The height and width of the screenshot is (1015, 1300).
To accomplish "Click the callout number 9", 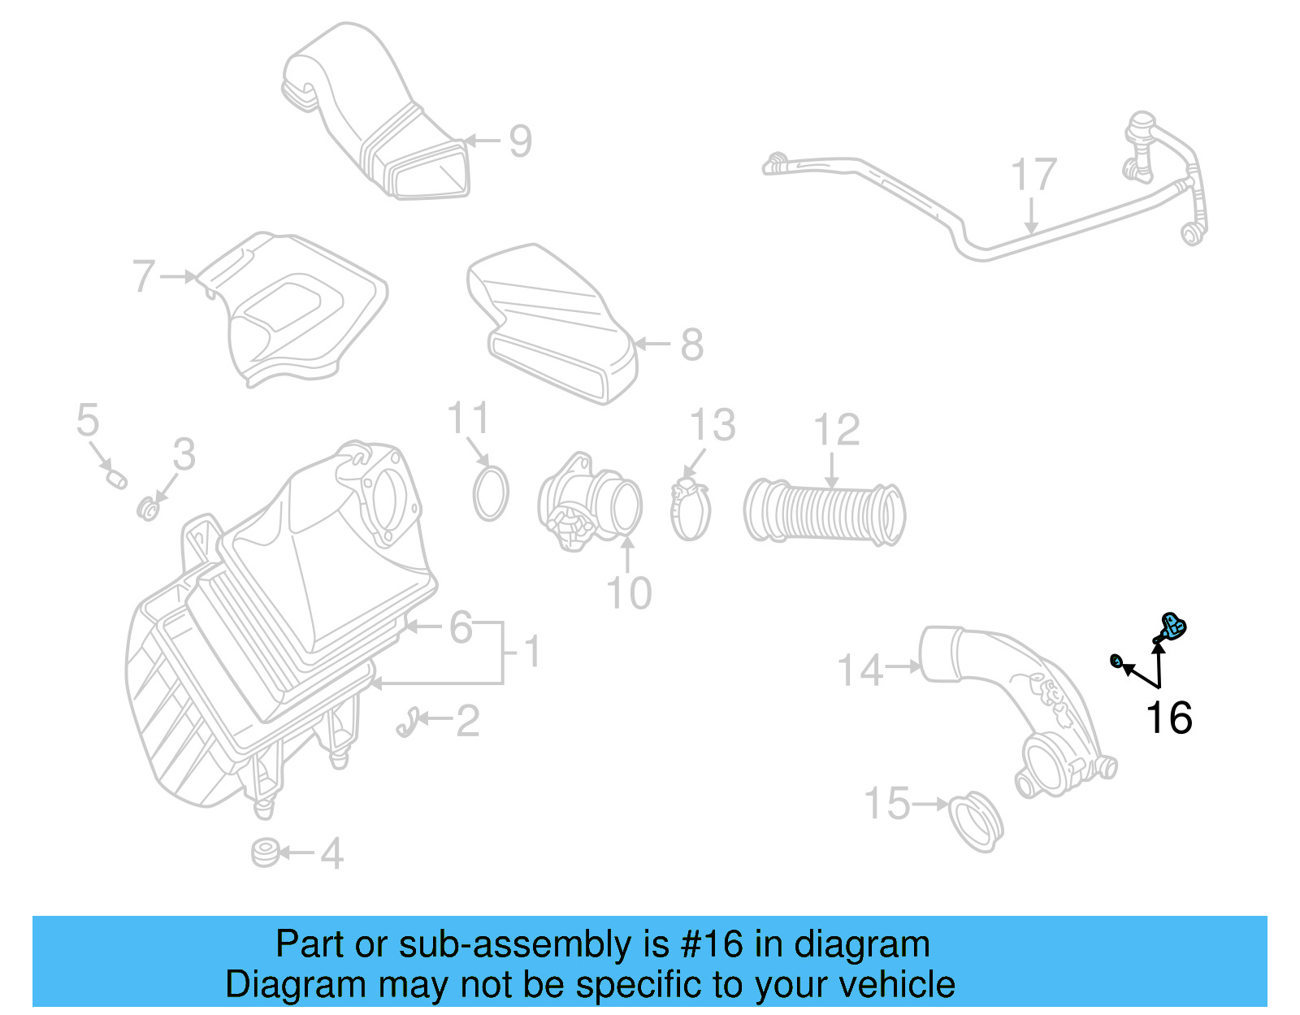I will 520,141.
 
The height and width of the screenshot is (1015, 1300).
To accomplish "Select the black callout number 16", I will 1168,718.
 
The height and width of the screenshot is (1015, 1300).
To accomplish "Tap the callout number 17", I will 1033,176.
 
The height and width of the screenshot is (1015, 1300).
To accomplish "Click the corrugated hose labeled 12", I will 824,513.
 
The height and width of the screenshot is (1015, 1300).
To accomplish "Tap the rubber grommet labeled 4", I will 265,853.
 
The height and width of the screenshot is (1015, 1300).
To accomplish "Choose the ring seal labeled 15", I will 977,822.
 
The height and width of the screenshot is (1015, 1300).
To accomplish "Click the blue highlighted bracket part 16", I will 1172,627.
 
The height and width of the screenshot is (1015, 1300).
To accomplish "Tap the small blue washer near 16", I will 1117,662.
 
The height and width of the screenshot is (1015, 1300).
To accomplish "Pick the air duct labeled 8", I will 552,325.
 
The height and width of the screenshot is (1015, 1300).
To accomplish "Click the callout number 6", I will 461,627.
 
